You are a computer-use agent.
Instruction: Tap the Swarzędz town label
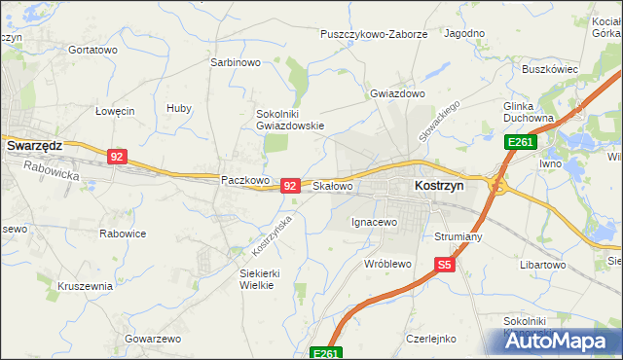click(x=34, y=145)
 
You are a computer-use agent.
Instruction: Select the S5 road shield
click(x=445, y=263)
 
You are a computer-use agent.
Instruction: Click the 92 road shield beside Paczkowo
click(x=290, y=185)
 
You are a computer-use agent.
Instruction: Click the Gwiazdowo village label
click(x=398, y=94)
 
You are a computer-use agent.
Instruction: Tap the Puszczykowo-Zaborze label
click(x=374, y=34)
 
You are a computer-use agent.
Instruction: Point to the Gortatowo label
click(x=93, y=50)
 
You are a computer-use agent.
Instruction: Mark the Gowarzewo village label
click(x=153, y=339)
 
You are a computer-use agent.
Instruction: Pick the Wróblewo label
click(x=388, y=264)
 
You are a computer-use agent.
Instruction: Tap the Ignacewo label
click(x=375, y=223)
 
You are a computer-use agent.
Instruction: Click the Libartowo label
click(x=543, y=265)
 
